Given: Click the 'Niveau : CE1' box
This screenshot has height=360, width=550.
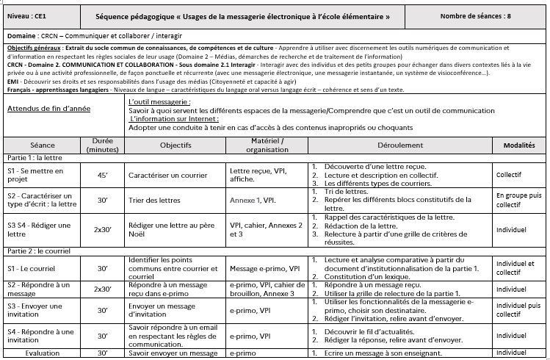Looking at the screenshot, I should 28,15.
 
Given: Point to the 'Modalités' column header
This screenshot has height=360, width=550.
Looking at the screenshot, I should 518,145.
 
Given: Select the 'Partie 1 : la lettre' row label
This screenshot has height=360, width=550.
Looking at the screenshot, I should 34,158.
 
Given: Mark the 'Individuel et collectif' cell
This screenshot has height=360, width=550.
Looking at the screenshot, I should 518,267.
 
